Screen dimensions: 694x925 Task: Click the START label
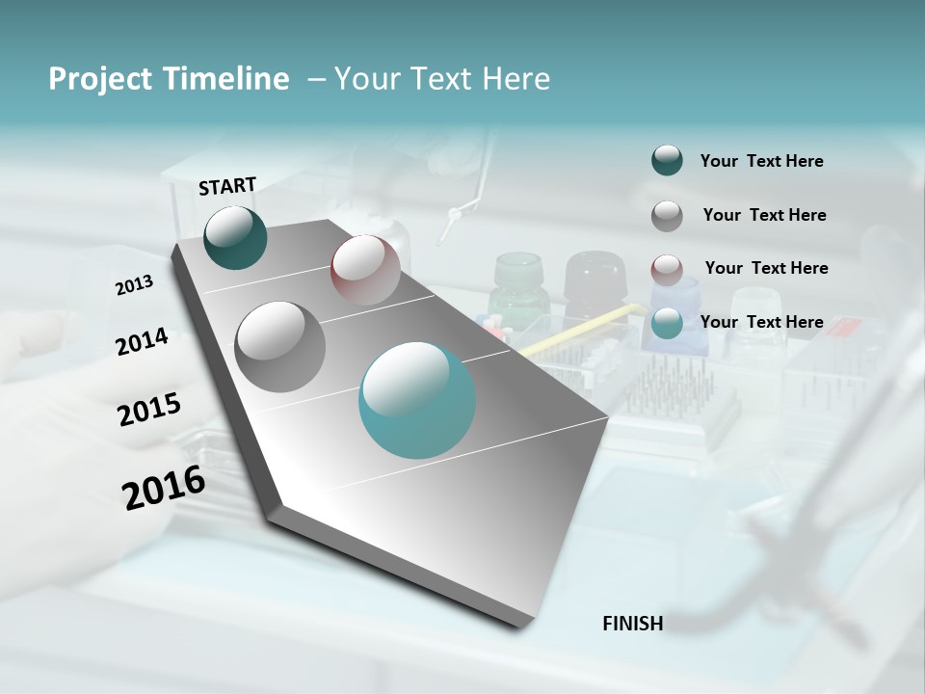(x=227, y=186)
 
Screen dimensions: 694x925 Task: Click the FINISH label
(x=632, y=624)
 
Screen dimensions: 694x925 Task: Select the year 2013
(x=134, y=285)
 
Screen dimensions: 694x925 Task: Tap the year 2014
(x=142, y=341)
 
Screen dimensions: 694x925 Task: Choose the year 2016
(x=164, y=488)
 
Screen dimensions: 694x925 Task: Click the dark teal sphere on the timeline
(x=236, y=237)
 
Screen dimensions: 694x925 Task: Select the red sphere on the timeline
(x=365, y=269)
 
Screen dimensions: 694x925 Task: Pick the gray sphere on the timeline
(x=280, y=346)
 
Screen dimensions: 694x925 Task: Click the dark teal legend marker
(x=667, y=160)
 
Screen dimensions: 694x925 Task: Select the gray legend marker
(x=667, y=215)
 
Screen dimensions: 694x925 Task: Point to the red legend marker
(x=667, y=269)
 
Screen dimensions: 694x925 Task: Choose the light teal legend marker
(x=667, y=323)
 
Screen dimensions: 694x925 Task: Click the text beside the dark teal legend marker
(x=761, y=161)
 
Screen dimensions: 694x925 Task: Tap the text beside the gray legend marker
(x=764, y=215)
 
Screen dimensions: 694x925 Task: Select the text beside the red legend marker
(x=766, y=268)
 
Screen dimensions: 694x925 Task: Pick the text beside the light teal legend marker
(x=761, y=322)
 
